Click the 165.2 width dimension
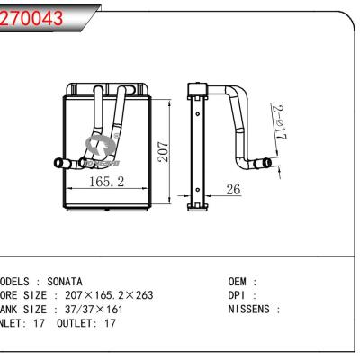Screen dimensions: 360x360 click(x=106, y=182)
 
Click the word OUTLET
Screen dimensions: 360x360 click(x=75, y=321)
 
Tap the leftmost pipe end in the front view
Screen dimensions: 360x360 click(x=59, y=163)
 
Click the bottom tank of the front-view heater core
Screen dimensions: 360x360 click(x=103, y=205)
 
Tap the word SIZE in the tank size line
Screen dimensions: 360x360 click(x=35, y=308)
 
